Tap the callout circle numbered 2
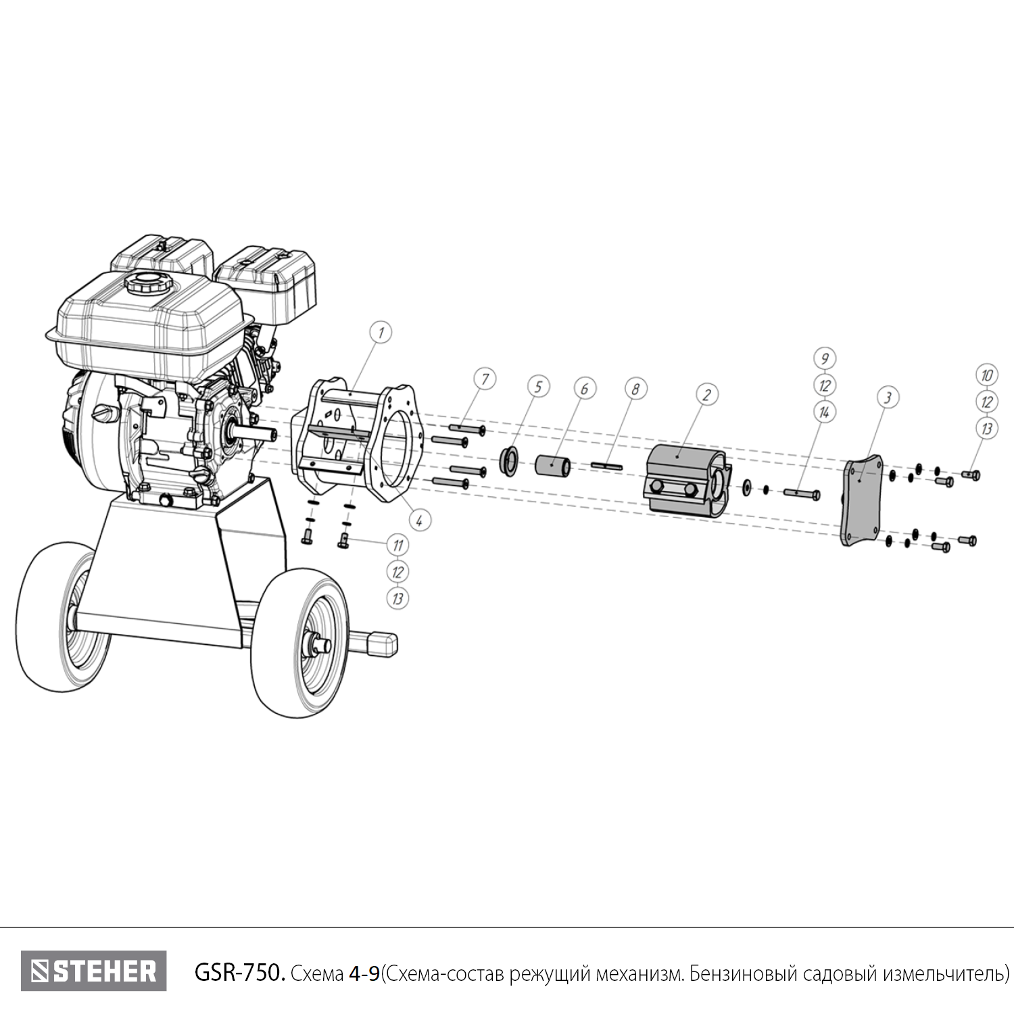pyautogui.click(x=706, y=395)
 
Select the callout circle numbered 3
pyautogui.click(x=888, y=397)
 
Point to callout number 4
pyautogui.click(x=419, y=521)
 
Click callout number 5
pyautogui.click(x=538, y=387)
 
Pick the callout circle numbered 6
pyautogui.click(x=585, y=389)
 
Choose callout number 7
pyautogui.click(x=485, y=379)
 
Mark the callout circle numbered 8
pyautogui.click(x=635, y=389)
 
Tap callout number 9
pyautogui.click(x=824, y=358)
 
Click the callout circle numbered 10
pyautogui.click(x=987, y=375)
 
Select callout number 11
pyautogui.click(x=397, y=544)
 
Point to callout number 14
pyautogui.click(x=824, y=412)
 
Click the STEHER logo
pyautogui.click(x=93, y=971)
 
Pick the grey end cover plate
pyautogui.click(x=861, y=500)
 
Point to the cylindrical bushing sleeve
pyautogui.click(x=553, y=466)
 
